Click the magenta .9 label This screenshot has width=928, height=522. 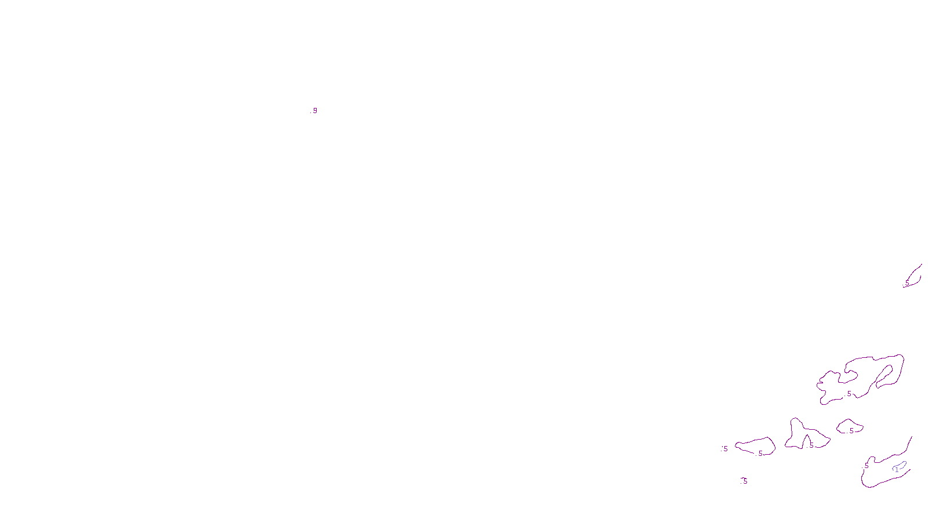pyautogui.click(x=314, y=110)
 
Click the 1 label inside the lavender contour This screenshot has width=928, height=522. pyautogui.click(x=897, y=470)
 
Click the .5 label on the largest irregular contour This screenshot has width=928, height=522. pyautogui.click(x=849, y=394)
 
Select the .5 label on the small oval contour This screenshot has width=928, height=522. pyautogui.click(x=851, y=431)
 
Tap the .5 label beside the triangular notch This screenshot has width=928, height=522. pyautogui.click(x=811, y=445)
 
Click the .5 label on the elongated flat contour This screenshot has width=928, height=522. pyautogui.click(x=760, y=454)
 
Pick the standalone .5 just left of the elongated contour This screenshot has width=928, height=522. pyautogui.click(x=724, y=448)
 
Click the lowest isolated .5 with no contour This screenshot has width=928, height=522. pyautogui.click(x=745, y=481)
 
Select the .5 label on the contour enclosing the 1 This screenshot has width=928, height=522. pyautogui.click(x=867, y=466)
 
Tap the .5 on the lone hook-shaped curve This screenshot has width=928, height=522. pyautogui.click(x=907, y=282)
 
